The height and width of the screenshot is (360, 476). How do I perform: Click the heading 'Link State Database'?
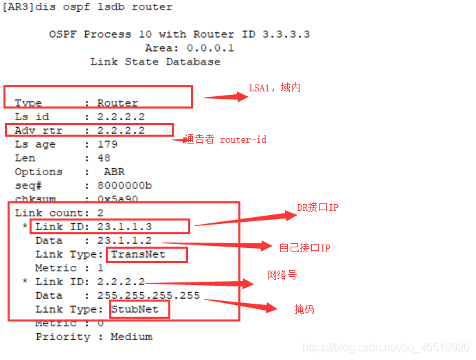click(155, 62)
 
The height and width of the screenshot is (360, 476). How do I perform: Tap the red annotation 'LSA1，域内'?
click(275, 88)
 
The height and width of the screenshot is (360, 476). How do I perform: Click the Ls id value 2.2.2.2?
click(121, 117)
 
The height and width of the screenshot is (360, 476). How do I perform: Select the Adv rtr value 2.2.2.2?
click(121, 131)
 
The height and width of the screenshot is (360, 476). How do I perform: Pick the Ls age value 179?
click(107, 144)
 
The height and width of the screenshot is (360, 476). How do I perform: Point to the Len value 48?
click(104, 158)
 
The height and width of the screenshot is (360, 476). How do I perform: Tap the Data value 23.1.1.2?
click(124, 240)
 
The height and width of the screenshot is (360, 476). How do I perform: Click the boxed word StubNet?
click(137, 309)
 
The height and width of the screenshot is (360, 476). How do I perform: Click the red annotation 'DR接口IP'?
click(317, 207)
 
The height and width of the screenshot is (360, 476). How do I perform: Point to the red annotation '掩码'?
click(304, 310)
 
